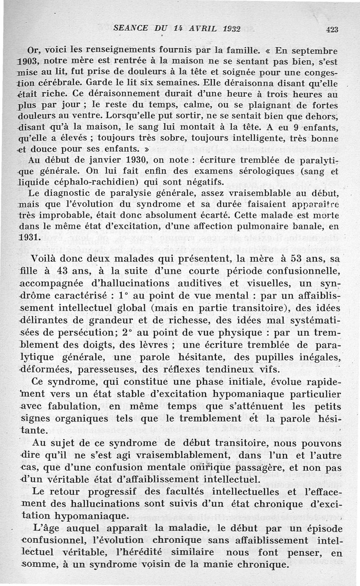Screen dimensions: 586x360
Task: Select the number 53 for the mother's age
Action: [279, 259]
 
